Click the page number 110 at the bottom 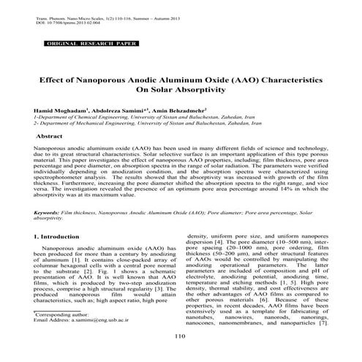[x=181, y=336]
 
